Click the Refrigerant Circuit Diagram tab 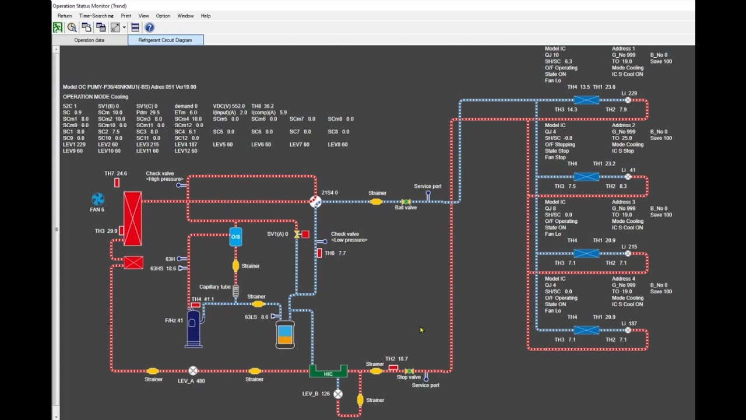[x=166, y=40]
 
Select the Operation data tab [x=89, y=40]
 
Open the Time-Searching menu [x=96, y=16]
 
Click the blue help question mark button [x=150, y=27]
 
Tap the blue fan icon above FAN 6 [x=98, y=199]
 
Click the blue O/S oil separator [x=235, y=237]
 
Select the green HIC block [x=328, y=371]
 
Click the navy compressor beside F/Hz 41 [x=193, y=328]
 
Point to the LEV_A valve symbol [x=193, y=370]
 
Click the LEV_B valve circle [x=337, y=394]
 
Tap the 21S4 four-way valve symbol [x=315, y=202]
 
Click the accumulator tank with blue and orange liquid [x=285, y=335]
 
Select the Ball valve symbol [x=406, y=202]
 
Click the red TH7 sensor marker [x=117, y=183]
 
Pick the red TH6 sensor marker [x=319, y=253]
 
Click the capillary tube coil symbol [x=236, y=291]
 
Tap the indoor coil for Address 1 [x=586, y=100]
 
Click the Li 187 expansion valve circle [x=628, y=330]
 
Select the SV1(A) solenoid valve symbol [x=297, y=235]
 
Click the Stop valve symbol [x=409, y=371]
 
